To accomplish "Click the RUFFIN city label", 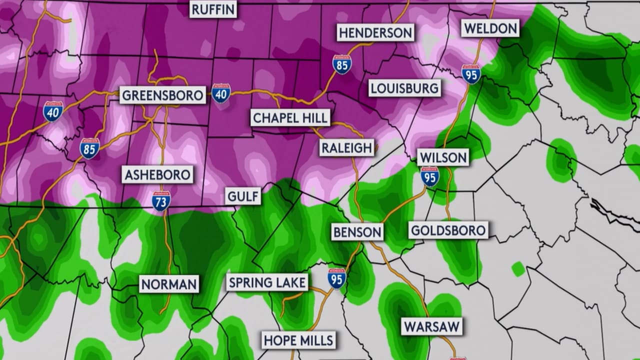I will (x=213, y=9).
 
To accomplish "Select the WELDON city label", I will (x=490, y=28).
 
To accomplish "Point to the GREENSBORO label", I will (x=162, y=95).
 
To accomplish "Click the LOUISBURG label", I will (x=405, y=88).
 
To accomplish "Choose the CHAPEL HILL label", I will (x=290, y=118).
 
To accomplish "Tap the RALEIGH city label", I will (x=346, y=147).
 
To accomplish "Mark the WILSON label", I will (x=443, y=157).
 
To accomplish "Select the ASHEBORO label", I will (x=157, y=175).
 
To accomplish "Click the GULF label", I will (x=243, y=196).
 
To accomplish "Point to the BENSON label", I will (x=357, y=232).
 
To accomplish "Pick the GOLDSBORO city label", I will (x=448, y=230).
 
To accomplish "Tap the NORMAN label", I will (x=169, y=284).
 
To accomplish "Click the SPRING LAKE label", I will (x=267, y=282).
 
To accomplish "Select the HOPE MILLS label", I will (x=299, y=340).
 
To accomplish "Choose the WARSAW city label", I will (x=431, y=327).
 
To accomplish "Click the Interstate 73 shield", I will (x=161, y=200).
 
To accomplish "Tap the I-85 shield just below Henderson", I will (x=342, y=64).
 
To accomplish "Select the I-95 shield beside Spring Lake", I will (x=337, y=278).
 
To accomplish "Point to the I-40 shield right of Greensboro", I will (x=221, y=93).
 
